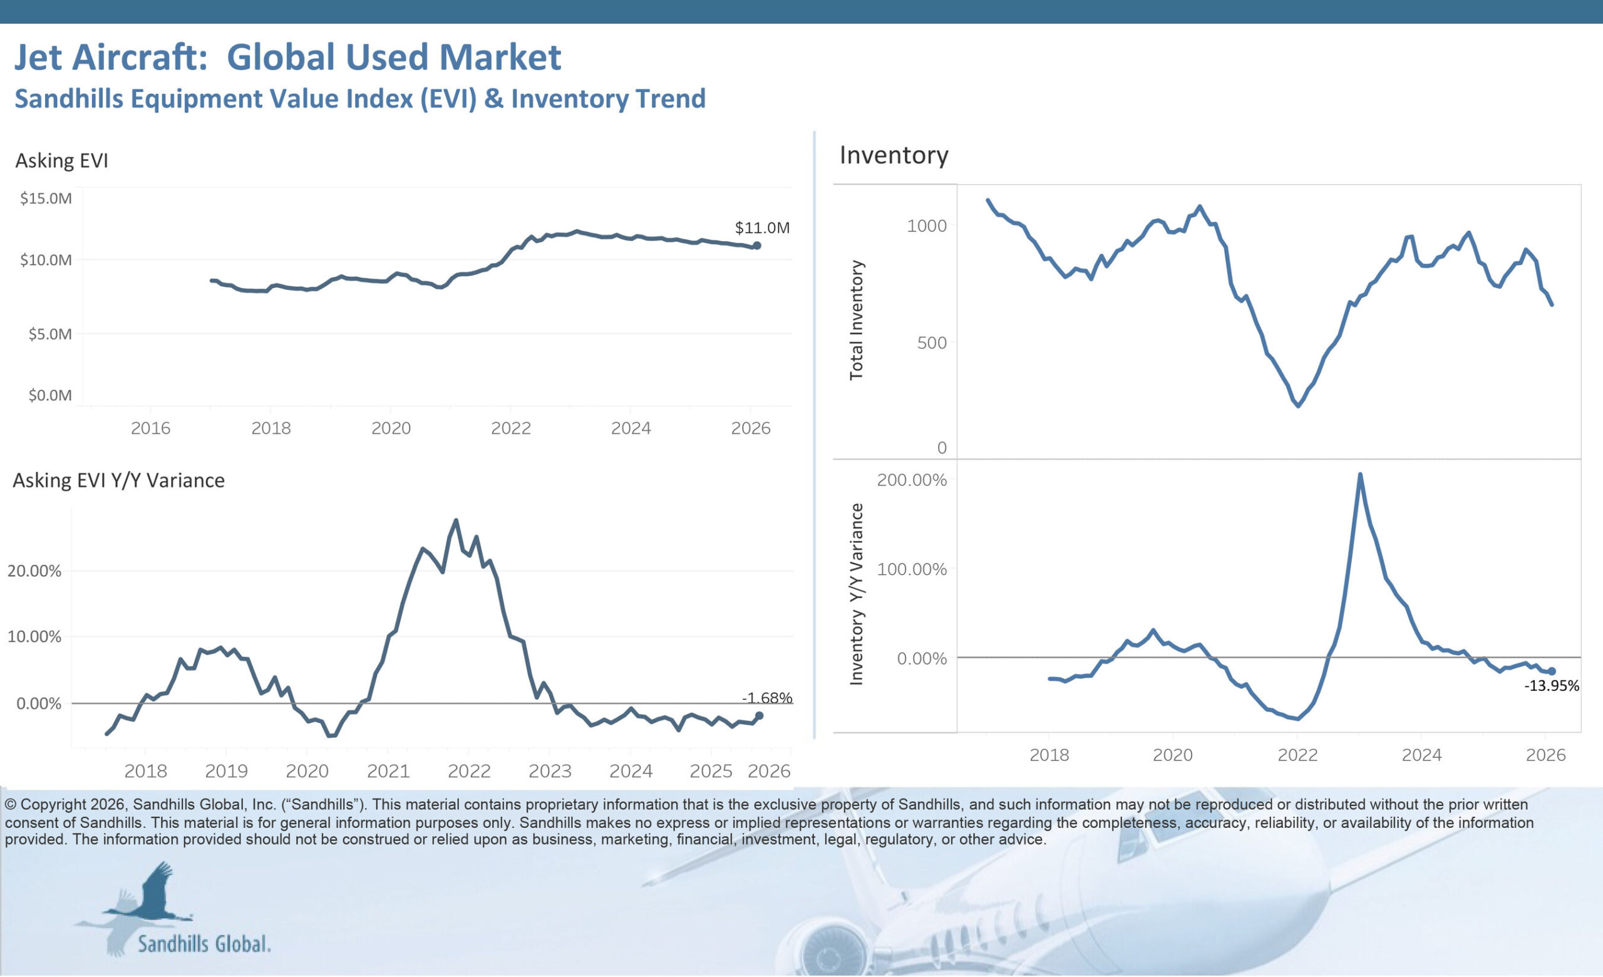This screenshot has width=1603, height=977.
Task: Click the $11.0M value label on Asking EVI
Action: (x=762, y=228)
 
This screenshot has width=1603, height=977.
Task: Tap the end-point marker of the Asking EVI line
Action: (x=756, y=246)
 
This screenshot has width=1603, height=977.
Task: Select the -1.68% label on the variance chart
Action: (x=767, y=698)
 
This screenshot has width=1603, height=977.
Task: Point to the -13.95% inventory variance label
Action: (x=1552, y=686)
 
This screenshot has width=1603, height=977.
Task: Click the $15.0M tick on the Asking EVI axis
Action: (x=46, y=199)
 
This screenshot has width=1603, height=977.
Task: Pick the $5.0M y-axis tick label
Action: (x=49, y=334)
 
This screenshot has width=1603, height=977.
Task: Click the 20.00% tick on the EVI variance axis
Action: (x=34, y=571)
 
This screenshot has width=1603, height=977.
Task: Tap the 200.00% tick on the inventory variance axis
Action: (x=912, y=480)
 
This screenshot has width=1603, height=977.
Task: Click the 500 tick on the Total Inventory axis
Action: (x=932, y=343)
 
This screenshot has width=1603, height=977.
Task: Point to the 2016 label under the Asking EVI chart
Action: (x=150, y=428)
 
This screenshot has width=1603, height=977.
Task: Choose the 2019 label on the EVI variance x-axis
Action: (x=227, y=771)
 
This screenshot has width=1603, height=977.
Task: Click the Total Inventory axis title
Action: (x=856, y=320)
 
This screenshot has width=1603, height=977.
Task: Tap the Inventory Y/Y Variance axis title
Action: (x=856, y=593)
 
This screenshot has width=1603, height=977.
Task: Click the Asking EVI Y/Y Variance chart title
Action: (x=119, y=480)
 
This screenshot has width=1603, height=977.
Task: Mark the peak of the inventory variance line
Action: (x=1359, y=474)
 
